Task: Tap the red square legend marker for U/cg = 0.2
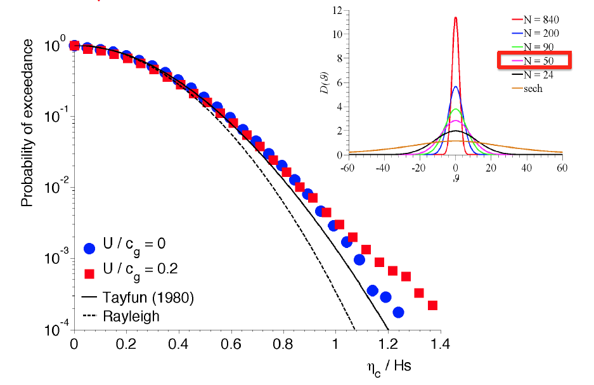point(90,273)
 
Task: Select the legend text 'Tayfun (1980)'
point(148,297)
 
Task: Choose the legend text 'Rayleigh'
point(131,315)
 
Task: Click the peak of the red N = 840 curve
point(455,18)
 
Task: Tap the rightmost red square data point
point(433,305)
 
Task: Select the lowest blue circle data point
point(398,312)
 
